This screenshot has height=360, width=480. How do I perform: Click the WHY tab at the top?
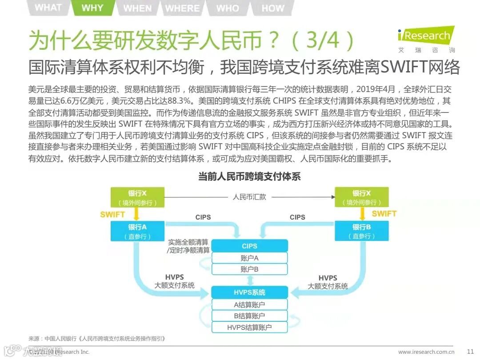[92, 8]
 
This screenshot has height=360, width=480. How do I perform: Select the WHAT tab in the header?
[48, 8]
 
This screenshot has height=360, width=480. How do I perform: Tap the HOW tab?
[272, 8]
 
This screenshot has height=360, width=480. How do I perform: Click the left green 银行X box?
[137, 197]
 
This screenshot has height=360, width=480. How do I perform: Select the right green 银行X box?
[361, 197]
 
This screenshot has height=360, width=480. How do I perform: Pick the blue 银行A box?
[137, 231]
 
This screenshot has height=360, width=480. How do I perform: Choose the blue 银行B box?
[361, 231]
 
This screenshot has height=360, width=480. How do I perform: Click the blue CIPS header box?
[249, 246]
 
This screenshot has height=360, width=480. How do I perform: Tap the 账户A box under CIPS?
[249, 258]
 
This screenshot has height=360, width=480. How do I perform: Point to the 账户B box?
[249, 269]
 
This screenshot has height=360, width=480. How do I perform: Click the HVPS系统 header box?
[249, 292]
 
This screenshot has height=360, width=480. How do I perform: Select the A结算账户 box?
[249, 304]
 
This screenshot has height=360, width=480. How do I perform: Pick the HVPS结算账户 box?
[249, 328]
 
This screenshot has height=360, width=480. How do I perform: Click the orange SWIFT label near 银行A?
[112, 214]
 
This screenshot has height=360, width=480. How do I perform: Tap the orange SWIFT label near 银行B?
[384, 214]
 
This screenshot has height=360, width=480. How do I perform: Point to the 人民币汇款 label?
[249, 196]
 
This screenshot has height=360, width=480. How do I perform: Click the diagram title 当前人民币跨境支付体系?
[249, 177]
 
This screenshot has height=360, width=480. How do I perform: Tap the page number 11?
[470, 352]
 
